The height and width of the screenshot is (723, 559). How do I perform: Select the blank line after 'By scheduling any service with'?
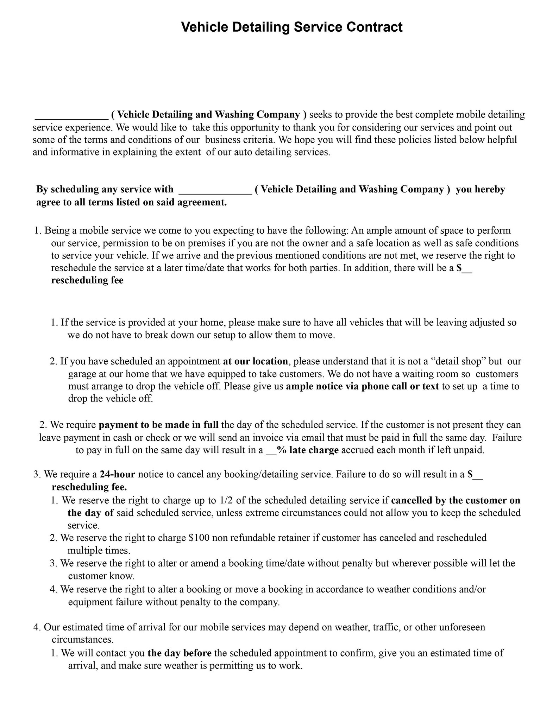215,190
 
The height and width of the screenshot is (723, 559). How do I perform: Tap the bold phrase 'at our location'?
256,361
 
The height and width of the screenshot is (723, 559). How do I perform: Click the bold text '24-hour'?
118,474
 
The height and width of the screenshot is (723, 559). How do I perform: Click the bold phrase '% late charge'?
308,450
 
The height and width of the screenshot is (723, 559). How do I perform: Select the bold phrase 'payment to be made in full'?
159,425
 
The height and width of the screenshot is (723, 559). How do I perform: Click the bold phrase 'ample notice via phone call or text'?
362,386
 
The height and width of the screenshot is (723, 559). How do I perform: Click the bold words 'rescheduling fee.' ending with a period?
89,487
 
